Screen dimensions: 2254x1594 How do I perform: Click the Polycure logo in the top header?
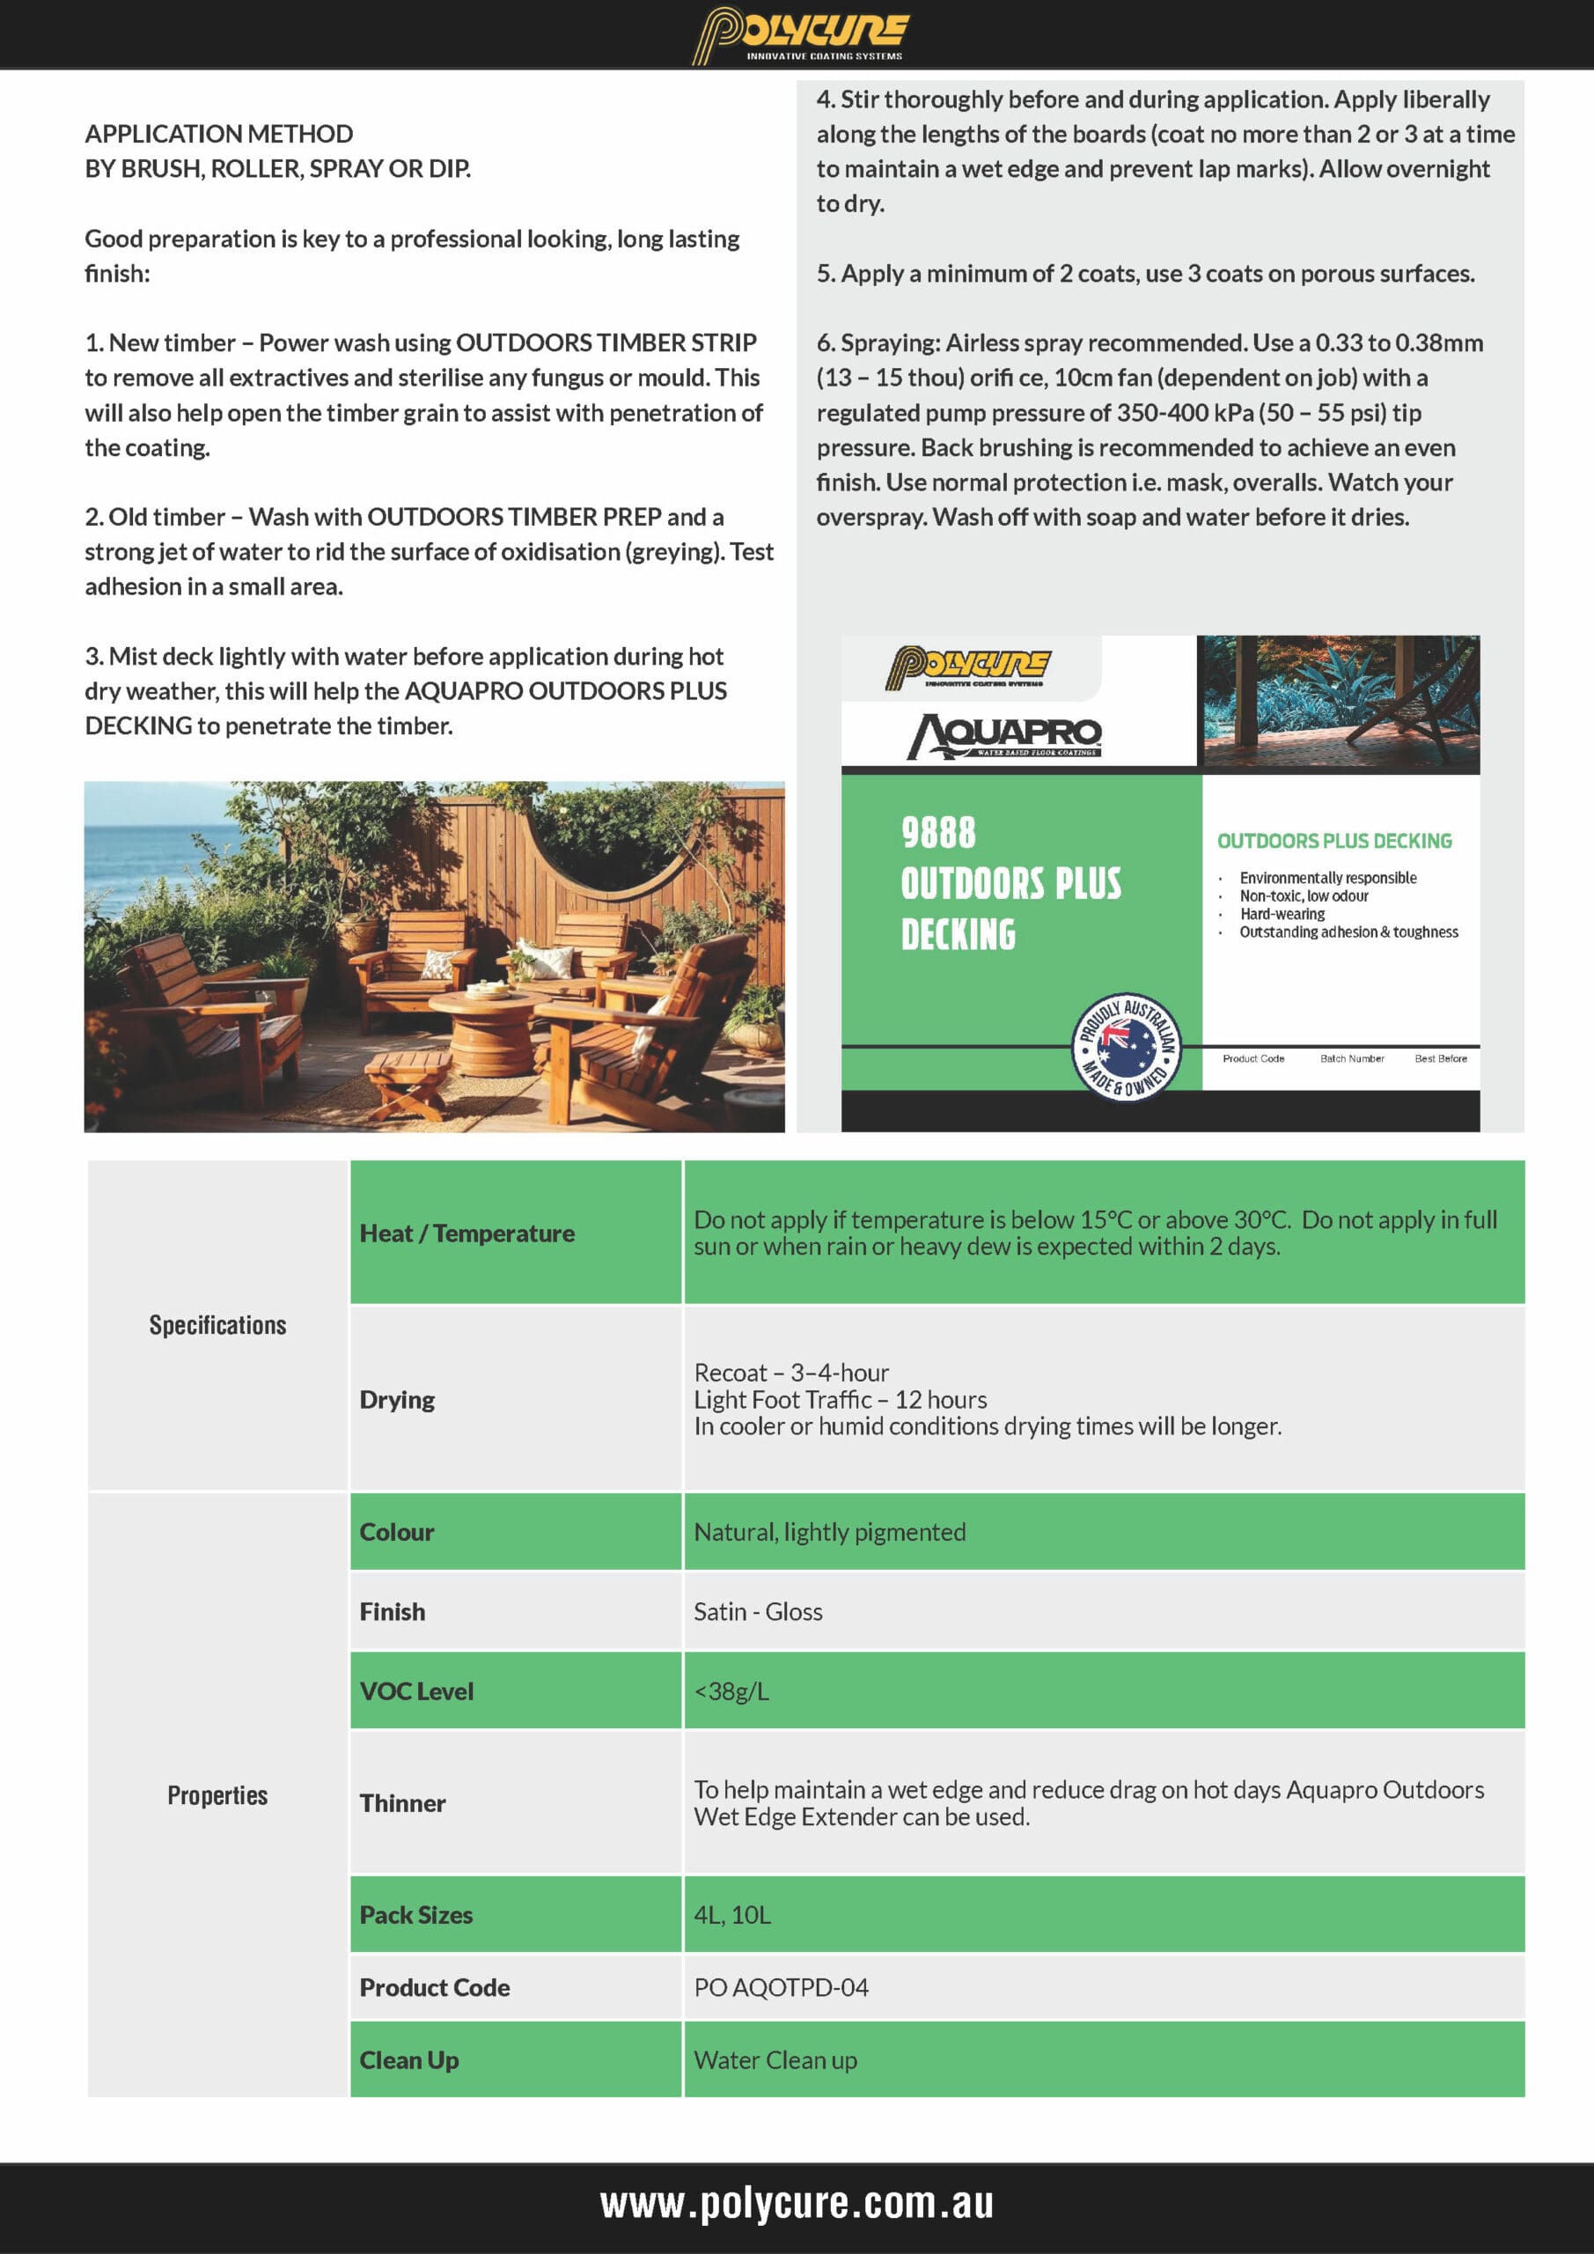[800, 33]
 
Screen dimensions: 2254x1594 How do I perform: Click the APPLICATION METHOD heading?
[219, 134]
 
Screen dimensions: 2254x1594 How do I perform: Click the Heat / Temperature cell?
[467, 1233]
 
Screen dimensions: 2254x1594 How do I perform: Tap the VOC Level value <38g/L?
[731, 1691]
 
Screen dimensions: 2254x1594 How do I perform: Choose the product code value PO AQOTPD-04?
[781, 1988]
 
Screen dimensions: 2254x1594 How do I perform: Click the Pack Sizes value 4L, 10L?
[732, 1915]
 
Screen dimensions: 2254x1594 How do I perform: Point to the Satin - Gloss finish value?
[758, 1612]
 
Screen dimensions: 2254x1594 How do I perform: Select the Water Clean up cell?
[775, 2060]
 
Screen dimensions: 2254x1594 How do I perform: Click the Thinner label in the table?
[402, 1803]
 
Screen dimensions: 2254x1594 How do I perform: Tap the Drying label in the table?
[397, 1400]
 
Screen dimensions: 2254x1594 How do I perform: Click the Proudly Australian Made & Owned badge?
[1126, 1047]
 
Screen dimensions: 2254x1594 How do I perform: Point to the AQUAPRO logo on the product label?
[1005, 735]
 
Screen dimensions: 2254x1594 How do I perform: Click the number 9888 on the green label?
[938, 833]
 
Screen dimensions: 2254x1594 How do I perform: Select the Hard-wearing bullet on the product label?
[1282, 914]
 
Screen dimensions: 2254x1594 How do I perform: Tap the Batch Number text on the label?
[1352, 1058]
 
